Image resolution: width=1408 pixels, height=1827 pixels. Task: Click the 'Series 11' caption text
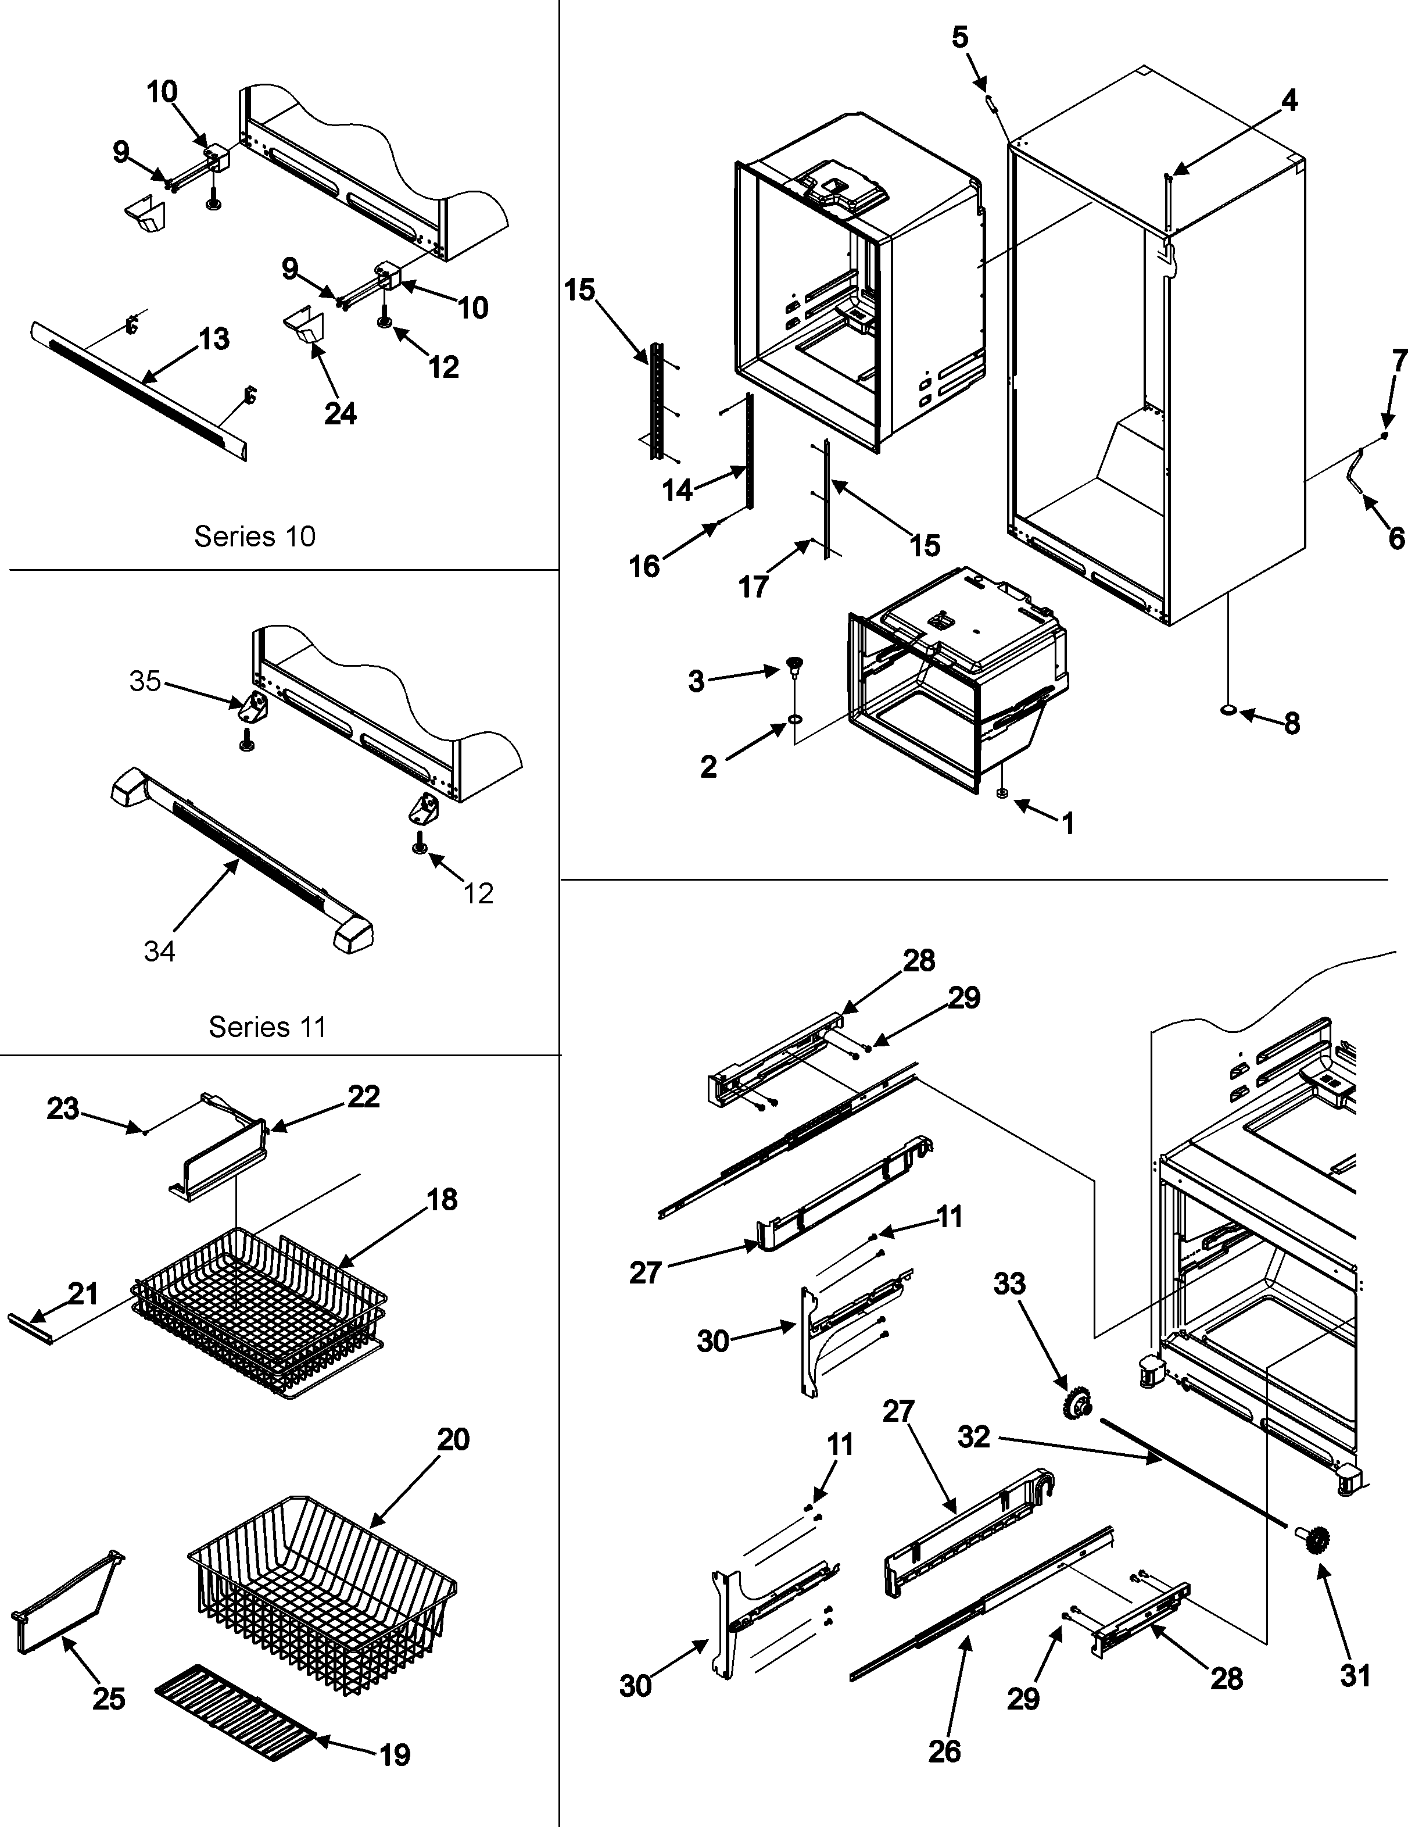[267, 1027]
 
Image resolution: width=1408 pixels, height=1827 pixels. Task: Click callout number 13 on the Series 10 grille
[214, 339]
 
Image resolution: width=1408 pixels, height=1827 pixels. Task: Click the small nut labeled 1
[1002, 792]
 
